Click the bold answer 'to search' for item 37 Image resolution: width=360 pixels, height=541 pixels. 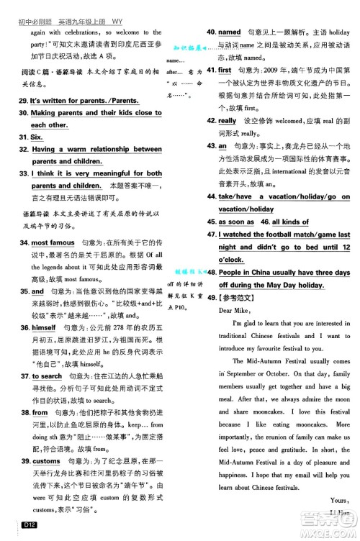47,376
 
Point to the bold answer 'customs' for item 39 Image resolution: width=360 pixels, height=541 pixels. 47,460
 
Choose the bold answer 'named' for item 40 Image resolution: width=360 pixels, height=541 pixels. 229,32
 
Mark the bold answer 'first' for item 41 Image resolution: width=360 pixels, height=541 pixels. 225,70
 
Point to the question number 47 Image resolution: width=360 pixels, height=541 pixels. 211,235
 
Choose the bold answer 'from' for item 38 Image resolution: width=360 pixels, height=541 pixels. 40,412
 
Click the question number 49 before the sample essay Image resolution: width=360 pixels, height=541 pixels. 211,298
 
